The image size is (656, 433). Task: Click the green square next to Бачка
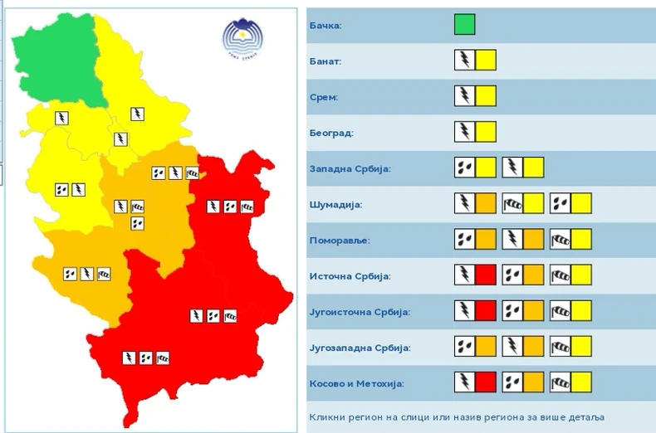(464, 25)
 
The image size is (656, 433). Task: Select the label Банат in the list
(325, 61)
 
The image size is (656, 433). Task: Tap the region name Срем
(323, 97)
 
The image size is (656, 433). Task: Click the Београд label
(330, 133)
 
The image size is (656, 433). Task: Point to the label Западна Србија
(349, 168)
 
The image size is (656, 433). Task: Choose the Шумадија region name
(335, 204)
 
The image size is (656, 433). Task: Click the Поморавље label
(338, 241)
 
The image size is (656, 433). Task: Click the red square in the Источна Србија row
(486, 275)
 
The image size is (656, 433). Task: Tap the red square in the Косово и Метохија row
(486, 382)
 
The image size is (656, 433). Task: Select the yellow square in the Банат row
(486, 61)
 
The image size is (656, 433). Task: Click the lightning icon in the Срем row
(464, 96)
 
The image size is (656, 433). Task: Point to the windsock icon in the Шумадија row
(512, 203)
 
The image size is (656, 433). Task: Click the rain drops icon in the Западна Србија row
(464, 168)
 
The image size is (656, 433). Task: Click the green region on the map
(54, 58)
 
